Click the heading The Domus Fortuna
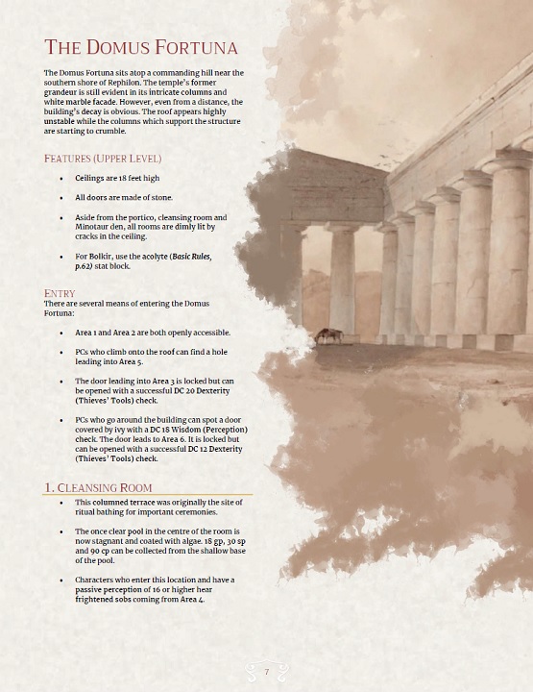click(141, 47)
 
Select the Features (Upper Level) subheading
click(103, 158)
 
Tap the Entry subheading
click(60, 293)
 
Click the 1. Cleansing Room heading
click(98, 488)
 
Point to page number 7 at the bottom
click(266, 671)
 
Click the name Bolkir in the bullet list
click(96, 257)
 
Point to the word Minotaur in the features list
click(96, 227)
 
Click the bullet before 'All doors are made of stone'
click(61, 198)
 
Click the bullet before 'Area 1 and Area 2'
click(61, 333)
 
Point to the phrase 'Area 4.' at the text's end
click(192, 600)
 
